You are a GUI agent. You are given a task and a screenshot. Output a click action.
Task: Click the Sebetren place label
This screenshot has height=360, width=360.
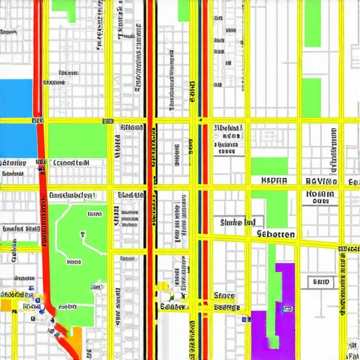click(x=276, y=233)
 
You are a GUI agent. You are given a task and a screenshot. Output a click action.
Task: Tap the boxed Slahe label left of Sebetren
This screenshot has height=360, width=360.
click(x=238, y=222)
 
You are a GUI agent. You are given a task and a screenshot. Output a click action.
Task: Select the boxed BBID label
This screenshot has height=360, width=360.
click(x=321, y=282)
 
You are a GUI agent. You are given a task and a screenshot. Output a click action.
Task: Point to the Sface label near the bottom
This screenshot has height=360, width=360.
click(x=224, y=296)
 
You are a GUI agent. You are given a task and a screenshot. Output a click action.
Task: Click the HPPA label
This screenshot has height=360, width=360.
click(x=274, y=180)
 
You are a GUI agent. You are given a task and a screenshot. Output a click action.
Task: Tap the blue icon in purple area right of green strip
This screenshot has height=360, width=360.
click(x=287, y=309)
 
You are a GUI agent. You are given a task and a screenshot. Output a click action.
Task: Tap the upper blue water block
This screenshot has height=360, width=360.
click(x=15, y=97)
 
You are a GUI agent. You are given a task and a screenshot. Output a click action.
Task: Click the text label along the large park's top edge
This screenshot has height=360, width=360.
click(x=72, y=195)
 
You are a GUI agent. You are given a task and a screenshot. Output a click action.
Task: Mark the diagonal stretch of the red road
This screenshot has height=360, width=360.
click(x=60, y=330)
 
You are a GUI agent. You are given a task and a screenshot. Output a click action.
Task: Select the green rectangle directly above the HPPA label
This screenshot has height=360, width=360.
click(x=269, y=166)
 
